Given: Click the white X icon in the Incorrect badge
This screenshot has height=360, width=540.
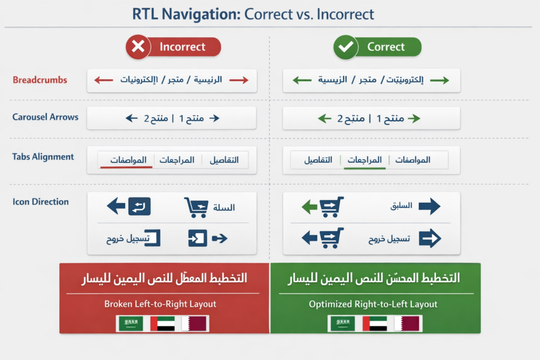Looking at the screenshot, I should pos(138,47).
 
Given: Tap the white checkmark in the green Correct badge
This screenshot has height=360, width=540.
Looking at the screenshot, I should pos(345,47).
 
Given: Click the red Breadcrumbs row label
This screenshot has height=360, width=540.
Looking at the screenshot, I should pos(40,80).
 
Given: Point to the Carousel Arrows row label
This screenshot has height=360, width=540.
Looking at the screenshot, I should pos(45,117).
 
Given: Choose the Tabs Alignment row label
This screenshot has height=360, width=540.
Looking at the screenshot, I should pos(43,157).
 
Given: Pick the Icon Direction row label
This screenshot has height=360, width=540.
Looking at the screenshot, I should pos(41,201).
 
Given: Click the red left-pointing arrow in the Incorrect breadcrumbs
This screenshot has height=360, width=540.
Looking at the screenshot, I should pos(103,80).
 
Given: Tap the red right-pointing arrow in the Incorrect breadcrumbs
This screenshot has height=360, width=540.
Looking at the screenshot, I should pos(238,80).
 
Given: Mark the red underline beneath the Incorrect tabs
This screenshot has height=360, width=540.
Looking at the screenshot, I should pos(127,167).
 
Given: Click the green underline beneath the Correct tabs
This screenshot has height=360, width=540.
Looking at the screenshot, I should pos(364,168).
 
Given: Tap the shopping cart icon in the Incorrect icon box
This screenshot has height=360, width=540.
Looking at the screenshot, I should pos(196,208).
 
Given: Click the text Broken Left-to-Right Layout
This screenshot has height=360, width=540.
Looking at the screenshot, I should pos(160,304).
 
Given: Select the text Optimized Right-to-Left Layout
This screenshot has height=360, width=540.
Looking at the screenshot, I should pos(373,304).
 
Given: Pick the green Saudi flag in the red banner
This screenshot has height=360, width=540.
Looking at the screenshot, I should pos(130,324).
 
